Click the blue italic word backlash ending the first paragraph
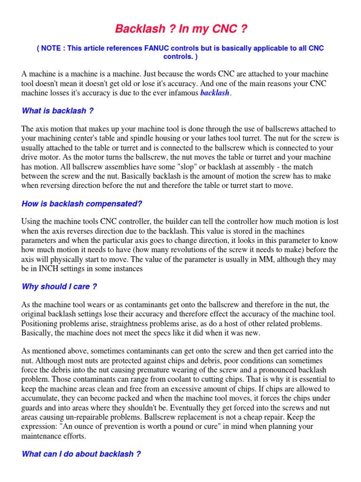(215, 93)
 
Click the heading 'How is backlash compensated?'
(82, 204)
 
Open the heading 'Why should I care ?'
(59, 287)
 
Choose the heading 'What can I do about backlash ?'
(81, 454)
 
